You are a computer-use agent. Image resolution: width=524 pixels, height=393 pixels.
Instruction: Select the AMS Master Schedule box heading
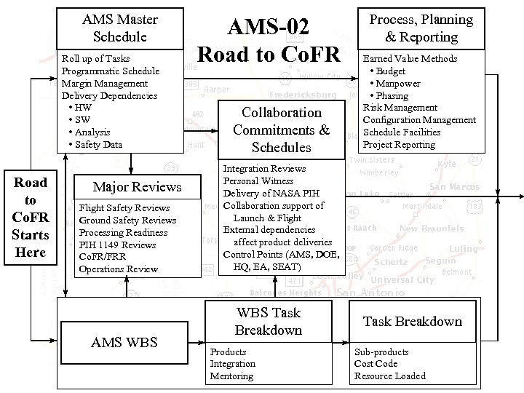click(120, 28)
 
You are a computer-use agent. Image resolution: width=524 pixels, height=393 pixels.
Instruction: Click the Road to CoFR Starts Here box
click(31, 217)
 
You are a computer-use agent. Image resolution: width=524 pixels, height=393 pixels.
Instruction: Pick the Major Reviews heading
click(137, 187)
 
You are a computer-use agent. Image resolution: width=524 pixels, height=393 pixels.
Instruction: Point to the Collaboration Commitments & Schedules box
click(281, 130)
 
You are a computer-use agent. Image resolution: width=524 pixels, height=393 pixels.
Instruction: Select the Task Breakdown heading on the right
click(412, 321)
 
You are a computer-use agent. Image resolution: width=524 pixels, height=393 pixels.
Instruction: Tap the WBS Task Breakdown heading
click(268, 321)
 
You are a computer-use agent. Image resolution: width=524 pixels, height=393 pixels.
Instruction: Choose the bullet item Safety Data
click(98, 145)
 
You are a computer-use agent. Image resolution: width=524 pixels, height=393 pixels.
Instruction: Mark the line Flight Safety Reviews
click(124, 208)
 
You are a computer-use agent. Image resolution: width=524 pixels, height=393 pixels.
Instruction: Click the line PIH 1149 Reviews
click(117, 245)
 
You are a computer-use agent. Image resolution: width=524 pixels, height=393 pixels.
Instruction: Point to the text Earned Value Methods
click(410, 58)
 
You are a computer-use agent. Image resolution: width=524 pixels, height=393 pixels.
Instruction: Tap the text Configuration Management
click(419, 120)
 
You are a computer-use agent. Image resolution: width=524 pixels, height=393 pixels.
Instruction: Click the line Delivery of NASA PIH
click(271, 193)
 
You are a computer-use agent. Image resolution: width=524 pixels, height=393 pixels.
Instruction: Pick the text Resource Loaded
click(389, 376)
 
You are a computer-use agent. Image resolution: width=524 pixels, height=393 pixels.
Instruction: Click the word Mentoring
click(231, 376)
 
